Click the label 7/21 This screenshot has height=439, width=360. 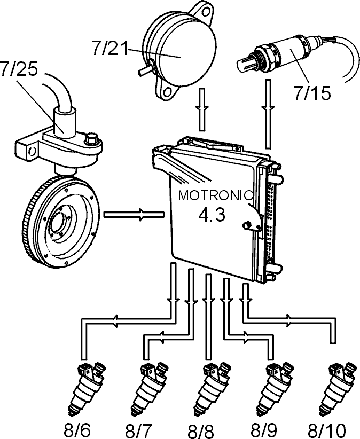pos(109,48)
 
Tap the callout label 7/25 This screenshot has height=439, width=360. pos(19,68)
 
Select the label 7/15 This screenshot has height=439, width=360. pos(312,93)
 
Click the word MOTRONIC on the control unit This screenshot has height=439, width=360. pos(216,195)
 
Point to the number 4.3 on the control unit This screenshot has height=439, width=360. pos(212,215)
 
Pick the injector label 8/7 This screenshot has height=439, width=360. pos(138,431)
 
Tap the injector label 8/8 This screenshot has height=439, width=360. pos(200,431)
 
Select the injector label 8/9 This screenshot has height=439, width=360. pos(263,430)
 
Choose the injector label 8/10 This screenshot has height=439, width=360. pos(327,431)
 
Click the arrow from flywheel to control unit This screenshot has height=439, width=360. pos(134,215)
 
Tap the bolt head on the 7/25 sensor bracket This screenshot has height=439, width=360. pos(91,139)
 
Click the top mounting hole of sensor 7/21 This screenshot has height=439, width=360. pos(206,12)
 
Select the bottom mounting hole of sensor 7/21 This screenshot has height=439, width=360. pos(168,91)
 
